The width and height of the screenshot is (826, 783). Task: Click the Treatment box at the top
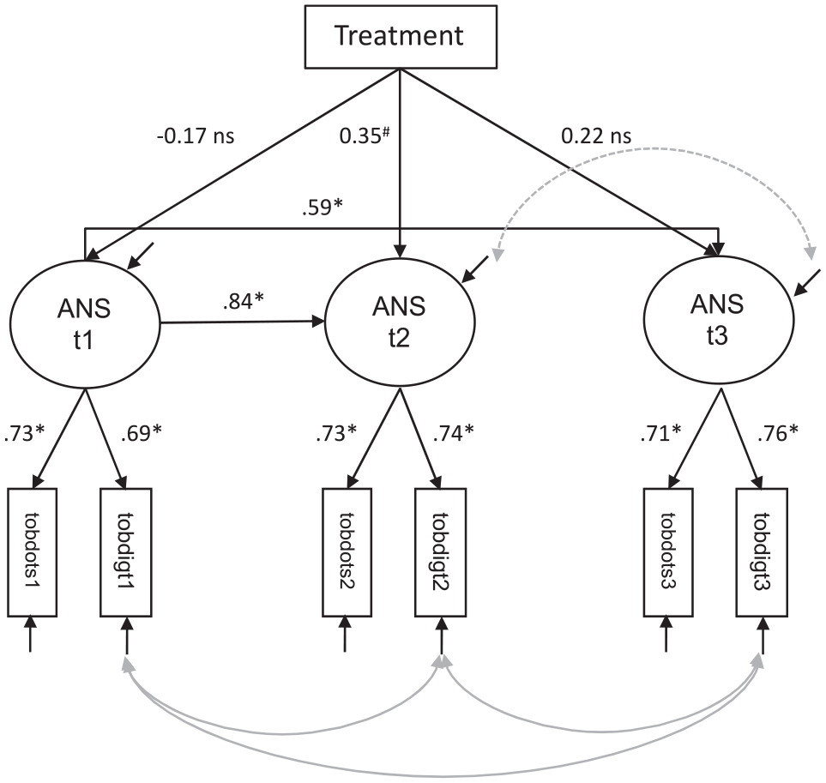tap(401, 37)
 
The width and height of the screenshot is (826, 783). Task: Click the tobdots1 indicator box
tap(32, 552)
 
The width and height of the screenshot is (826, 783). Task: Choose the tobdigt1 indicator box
tap(126, 552)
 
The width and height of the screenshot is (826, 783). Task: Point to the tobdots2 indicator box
tap(347, 552)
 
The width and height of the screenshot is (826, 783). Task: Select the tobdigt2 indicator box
tap(440, 552)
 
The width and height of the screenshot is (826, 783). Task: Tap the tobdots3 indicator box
tap(668, 552)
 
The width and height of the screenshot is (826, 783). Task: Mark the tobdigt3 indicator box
tap(762, 552)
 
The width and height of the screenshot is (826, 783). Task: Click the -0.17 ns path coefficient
tap(196, 136)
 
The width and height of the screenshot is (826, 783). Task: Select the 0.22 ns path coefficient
tap(596, 136)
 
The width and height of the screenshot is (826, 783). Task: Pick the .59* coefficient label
tap(322, 207)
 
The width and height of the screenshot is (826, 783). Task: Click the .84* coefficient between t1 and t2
tap(243, 301)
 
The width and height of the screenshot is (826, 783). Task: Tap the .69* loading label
tap(142, 433)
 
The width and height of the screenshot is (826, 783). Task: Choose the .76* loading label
tap(777, 433)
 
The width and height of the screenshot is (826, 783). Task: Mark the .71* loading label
tap(660, 433)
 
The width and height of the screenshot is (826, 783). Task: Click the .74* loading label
tap(453, 433)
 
